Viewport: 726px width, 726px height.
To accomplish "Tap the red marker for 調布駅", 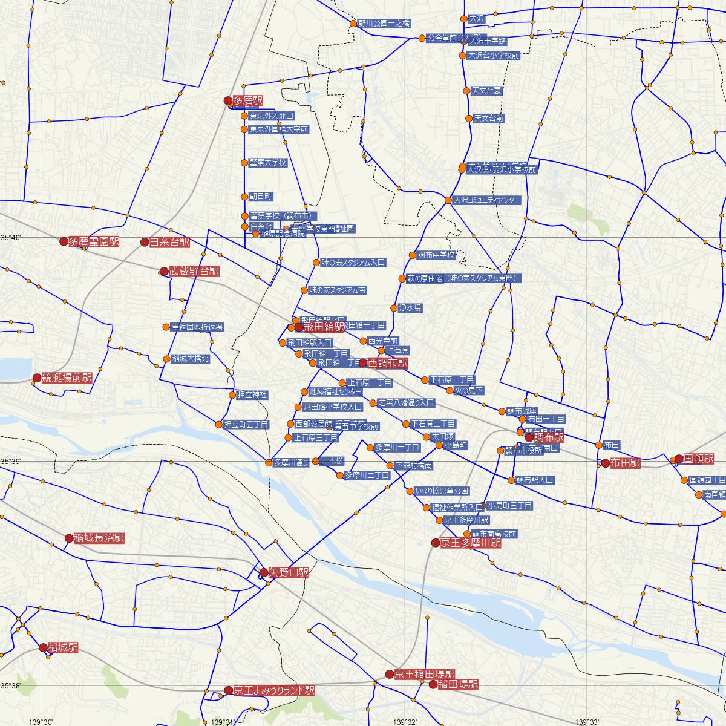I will click(529, 437).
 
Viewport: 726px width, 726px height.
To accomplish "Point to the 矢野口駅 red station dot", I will click(264, 572).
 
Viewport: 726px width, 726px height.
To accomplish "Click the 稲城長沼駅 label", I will click(99, 538).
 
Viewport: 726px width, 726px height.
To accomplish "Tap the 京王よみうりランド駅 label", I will click(273, 690).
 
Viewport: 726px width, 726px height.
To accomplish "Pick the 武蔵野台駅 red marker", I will click(163, 272).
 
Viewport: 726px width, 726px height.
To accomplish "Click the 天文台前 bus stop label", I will click(488, 119).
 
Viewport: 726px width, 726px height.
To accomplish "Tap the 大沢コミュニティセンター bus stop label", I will click(486, 200).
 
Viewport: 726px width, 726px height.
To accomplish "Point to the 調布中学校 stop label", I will click(436, 255).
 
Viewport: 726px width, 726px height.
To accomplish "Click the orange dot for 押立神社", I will click(232, 395).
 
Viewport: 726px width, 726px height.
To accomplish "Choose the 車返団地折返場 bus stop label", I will click(197, 327).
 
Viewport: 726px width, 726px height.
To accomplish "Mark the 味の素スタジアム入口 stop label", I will click(353, 263).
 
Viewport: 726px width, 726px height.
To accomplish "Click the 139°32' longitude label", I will click(405, 722).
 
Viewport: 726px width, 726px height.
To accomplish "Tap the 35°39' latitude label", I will click(10, 462).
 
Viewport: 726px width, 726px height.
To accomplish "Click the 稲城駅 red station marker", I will click(43, 647).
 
